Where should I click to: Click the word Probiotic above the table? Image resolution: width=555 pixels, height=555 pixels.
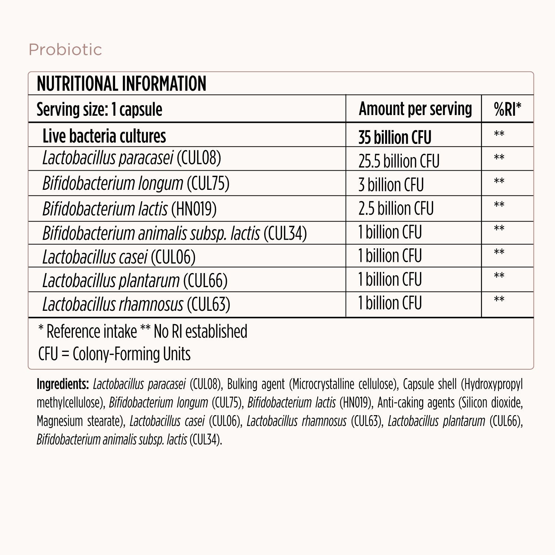65,50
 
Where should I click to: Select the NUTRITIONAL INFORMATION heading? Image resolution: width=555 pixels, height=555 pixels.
121,84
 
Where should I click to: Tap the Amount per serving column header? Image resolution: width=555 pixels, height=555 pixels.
415,109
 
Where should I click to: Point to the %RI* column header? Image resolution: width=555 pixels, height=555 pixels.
507,109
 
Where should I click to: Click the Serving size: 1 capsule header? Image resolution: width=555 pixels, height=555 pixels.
99,110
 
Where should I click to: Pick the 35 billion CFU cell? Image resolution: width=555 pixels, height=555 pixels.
395,137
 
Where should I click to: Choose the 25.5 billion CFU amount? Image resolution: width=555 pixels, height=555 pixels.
399,161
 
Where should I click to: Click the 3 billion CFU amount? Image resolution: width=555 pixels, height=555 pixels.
391,185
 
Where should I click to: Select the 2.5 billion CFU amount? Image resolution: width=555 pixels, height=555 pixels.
396,208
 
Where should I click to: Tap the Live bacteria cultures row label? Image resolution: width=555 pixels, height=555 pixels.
104,136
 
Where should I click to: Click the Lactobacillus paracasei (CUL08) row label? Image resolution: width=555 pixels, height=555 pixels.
131,158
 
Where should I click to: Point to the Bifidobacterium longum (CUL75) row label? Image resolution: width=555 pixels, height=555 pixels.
136,184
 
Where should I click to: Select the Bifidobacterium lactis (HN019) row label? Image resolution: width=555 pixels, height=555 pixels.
129,209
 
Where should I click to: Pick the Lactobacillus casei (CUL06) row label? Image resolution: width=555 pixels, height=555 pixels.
119,257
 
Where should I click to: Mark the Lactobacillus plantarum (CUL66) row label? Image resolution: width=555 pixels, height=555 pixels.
135,280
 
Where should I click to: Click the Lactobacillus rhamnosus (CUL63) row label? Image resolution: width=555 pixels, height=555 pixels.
136,305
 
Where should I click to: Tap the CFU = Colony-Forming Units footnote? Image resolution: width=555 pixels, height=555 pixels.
114,354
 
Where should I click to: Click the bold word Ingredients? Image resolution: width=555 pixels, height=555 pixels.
63,384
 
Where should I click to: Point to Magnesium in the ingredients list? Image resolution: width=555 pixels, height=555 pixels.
60,421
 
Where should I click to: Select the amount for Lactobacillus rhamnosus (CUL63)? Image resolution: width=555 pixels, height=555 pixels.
390,303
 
